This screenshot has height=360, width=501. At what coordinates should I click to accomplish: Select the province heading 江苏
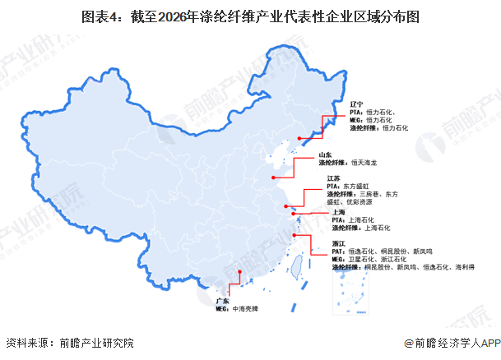(333, 178)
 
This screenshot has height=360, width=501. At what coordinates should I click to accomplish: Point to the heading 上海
(338, 211)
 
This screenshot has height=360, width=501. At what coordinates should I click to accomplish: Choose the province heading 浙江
(338, 243)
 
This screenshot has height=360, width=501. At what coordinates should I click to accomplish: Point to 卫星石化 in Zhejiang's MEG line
(363, 259)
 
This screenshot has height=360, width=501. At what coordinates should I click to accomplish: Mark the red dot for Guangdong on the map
(239, 275)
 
